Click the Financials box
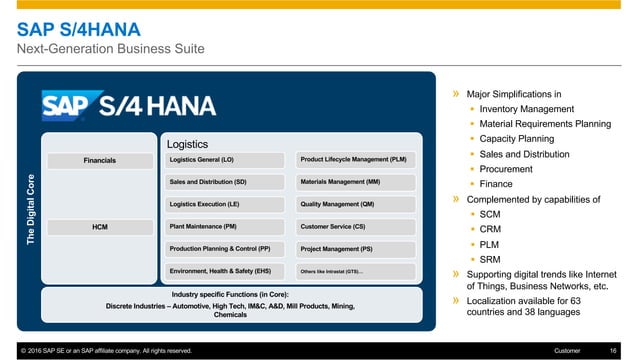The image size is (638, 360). (x=99, y=160)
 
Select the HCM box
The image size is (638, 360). (x=99, y=227)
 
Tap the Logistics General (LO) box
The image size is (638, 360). (x=228, y=160)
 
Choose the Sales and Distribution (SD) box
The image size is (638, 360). (x=228, y=182)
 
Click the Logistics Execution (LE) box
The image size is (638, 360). (x=228, y=204)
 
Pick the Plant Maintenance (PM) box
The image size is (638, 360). (x=228, y=227)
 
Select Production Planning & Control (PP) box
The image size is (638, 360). (x=228, y=249)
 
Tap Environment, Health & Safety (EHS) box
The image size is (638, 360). (x=228, y=271)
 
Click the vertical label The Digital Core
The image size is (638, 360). (x=30, y=208)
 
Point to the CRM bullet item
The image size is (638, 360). (x=491, y=229)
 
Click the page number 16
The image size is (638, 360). (x=612, y=350)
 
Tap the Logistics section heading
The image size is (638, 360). (x=187, y=143)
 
